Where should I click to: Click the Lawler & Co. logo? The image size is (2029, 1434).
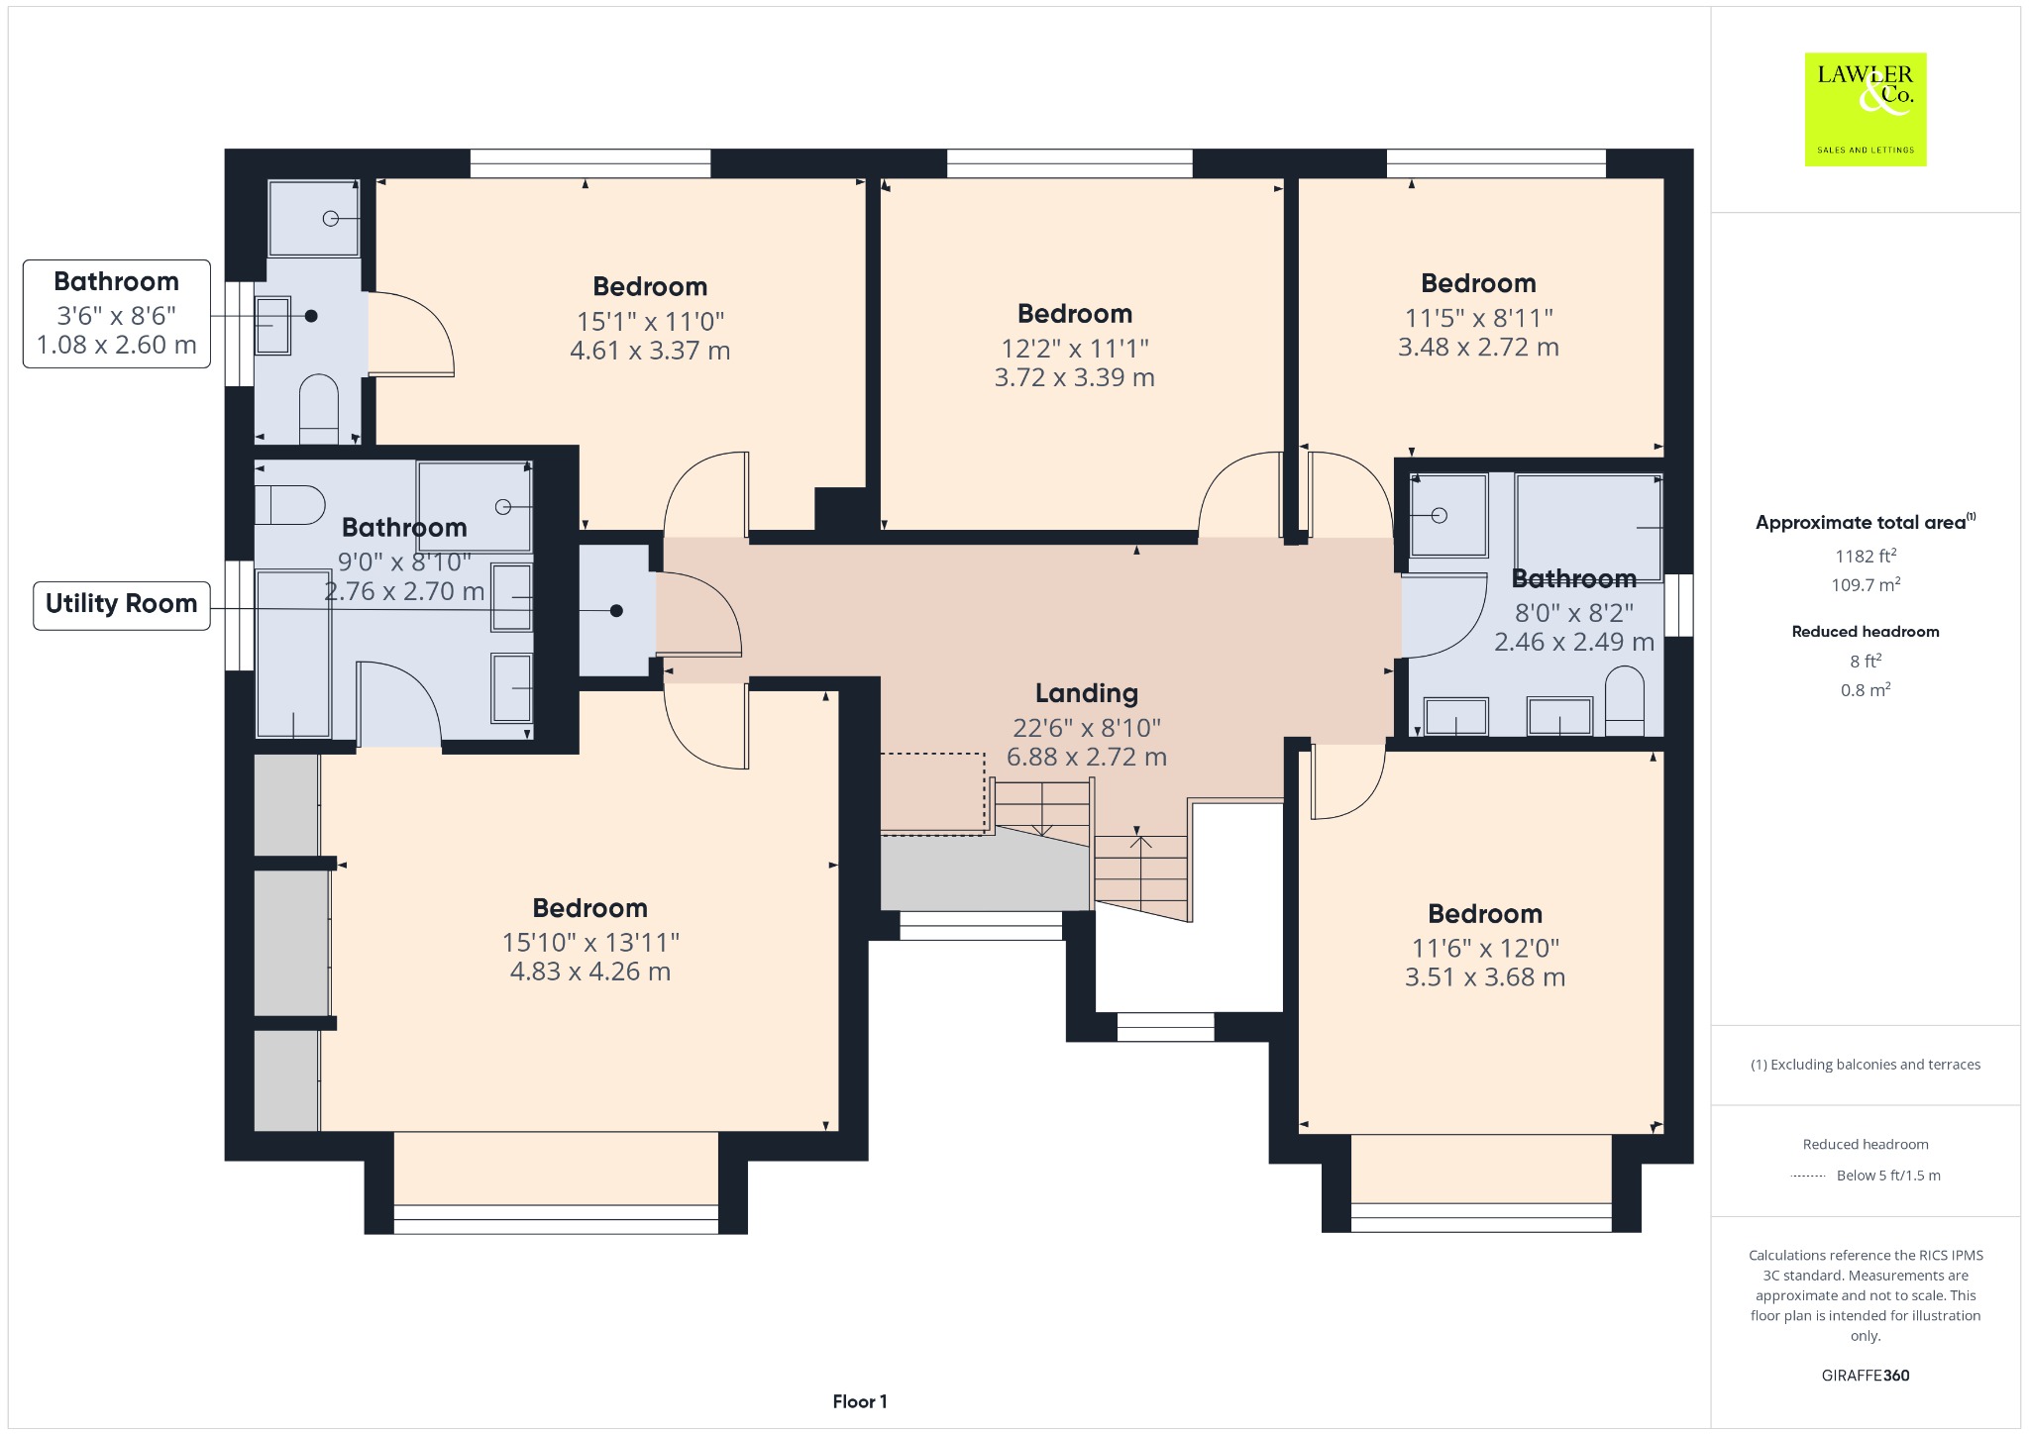tap(1866, 109)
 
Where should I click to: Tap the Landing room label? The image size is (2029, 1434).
tap(1087, 693)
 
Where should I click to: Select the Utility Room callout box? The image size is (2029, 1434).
tap(122, 604)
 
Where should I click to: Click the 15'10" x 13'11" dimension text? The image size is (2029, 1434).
tap(590, 942)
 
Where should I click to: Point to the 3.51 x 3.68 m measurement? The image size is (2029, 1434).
tap(1485, 977)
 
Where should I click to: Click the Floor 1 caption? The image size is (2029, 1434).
tap(860, 1401)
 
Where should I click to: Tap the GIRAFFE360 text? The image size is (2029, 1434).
tap(1866, 1376)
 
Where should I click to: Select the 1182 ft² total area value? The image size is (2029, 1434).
tap(1865, 556)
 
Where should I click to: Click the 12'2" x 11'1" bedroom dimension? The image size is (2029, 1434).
tap(1075, 349)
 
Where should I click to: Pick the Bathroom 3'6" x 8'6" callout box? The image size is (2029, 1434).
tap(117, 314)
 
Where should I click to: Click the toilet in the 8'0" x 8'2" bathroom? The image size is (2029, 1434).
tap(1624, 700)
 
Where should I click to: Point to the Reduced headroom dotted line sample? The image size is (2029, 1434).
tap(1809, 1177)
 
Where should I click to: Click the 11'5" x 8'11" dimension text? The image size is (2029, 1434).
tap(1479, 318)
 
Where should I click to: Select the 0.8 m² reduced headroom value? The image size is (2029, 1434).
tap(1866, 690)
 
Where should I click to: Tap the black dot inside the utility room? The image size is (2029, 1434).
tap(616, 611)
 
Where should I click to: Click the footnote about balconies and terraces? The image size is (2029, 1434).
tap(1866, 1065)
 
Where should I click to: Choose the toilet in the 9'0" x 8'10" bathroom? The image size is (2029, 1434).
tap(290, 505)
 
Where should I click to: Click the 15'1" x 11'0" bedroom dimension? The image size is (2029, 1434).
tap(651, 322)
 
